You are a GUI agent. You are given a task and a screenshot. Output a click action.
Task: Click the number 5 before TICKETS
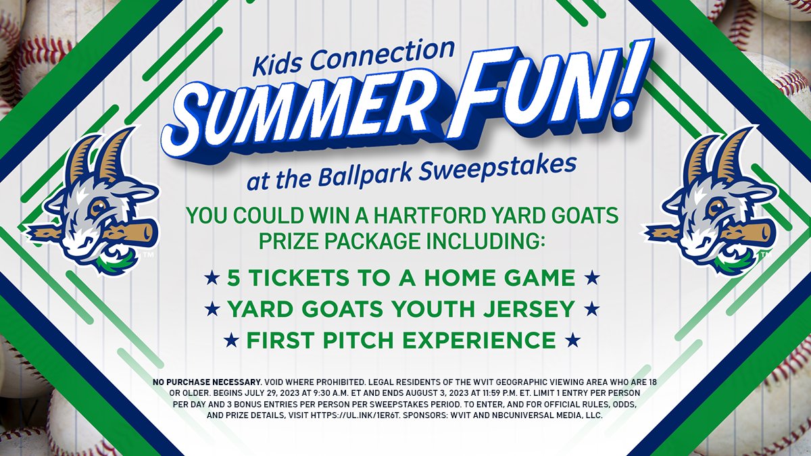234,277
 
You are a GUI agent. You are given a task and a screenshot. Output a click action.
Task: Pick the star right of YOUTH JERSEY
592,309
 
